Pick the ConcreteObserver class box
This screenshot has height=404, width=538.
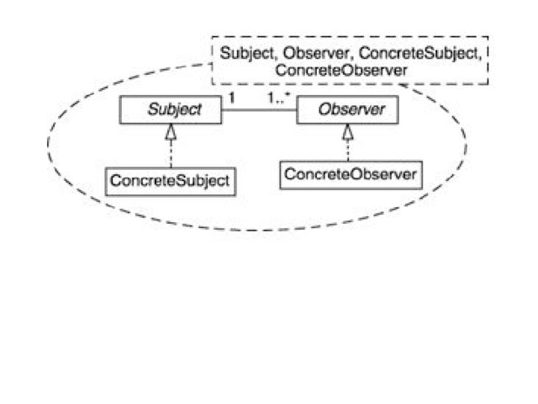[x=350, y=175]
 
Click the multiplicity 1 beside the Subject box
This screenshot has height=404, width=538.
[x=231, y=98]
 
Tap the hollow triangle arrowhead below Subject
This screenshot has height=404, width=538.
[x=171, y=132]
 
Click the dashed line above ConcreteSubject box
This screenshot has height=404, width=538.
[x=171, y=153]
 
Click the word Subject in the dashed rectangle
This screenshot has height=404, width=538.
[x=245, y=54]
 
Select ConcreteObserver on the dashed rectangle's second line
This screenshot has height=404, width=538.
[x=341, y=72]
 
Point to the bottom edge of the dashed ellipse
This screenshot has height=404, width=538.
[x=252, y=229]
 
